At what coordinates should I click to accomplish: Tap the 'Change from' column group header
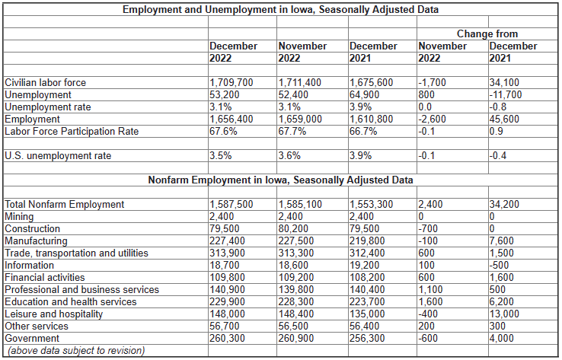click(x=487, y=33)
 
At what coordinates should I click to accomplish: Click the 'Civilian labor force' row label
click(x=46, y=82)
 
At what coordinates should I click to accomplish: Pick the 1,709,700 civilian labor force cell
click(x=232, y=82)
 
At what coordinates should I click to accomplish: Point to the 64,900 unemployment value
click(x=365, y=94)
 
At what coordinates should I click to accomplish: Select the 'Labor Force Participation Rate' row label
click(x=72, y=131)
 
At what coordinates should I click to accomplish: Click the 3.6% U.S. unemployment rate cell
click(x=289, y=155)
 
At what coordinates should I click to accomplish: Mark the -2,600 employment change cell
click(x=433, y=119)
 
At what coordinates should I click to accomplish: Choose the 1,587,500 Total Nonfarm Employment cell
click(x=232, y=204)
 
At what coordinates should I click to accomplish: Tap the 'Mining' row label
click(x=19, y=216)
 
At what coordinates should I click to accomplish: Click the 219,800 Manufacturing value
click(x=367, y=241)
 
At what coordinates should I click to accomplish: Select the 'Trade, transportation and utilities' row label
click(x=76, y=253)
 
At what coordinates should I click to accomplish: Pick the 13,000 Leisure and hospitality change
click(x=504, y=314)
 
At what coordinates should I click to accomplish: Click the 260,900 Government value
click(x=296, y=338)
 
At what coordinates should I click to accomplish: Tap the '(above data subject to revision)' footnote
click(x=76, y=350)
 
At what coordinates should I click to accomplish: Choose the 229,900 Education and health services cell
click(x=227, y=301)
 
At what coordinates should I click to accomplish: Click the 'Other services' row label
click(x=37, y=326)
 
